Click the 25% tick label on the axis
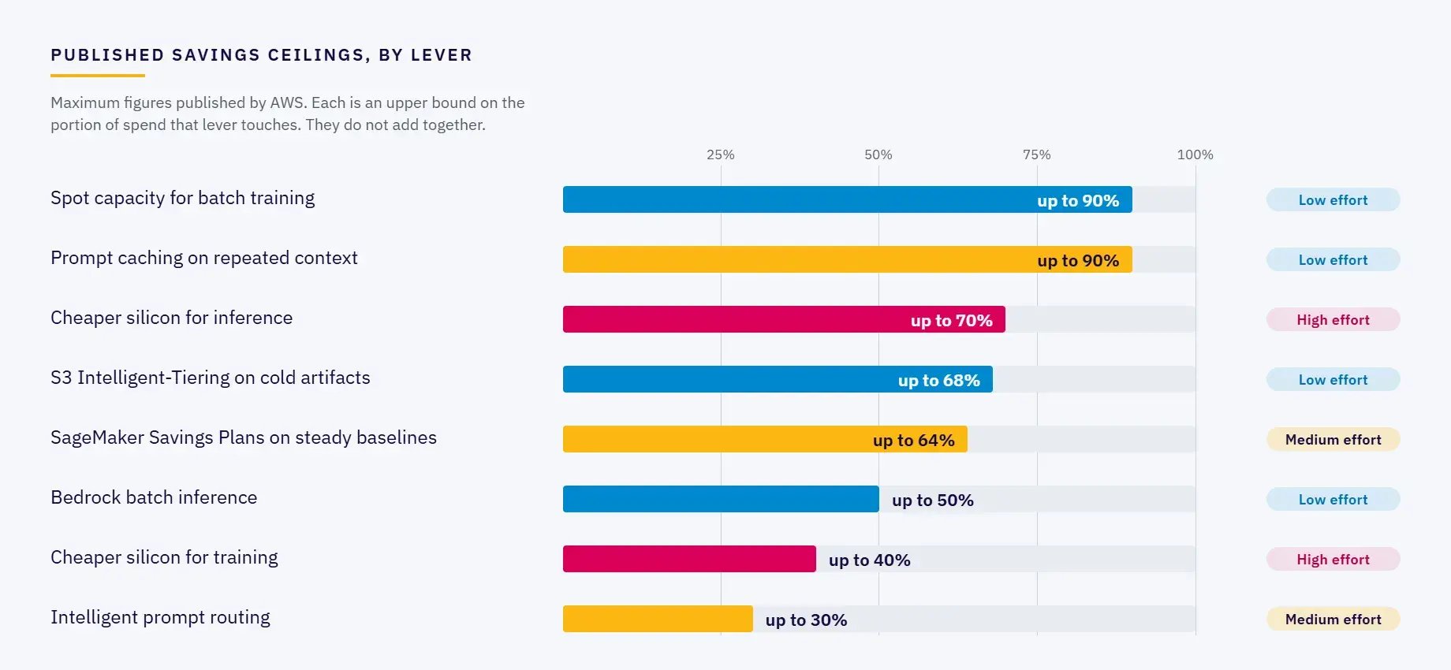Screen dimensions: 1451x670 point(720,154)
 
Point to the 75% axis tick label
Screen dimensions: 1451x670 point(1036,154)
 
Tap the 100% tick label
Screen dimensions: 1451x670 point(1195,154)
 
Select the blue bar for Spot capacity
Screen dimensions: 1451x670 point(847,199)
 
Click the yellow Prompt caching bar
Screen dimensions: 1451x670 point(847,259)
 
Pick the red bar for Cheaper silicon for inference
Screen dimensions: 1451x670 point(784,319)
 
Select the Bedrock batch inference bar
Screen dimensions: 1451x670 point(721,499)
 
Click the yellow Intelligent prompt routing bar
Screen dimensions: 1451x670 point(658,619)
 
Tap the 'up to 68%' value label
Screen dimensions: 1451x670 point(938,380)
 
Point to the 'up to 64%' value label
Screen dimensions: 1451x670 point(913,440)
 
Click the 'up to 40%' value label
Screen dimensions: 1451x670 point(869,560)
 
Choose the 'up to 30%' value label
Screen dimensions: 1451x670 point(806,620)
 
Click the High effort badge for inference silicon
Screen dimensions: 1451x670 point(1333,319)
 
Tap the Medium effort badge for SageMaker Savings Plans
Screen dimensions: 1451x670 point(1333,439)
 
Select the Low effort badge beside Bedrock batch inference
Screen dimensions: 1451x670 point(1333,499)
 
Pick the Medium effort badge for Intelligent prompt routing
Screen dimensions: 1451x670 point(1333,619)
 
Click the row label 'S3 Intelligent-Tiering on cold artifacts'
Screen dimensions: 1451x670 point(210,378)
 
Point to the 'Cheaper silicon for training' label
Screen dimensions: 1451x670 point(164,557)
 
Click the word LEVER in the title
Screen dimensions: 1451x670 point(442,55)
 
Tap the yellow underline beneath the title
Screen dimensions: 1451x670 point(98,76)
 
